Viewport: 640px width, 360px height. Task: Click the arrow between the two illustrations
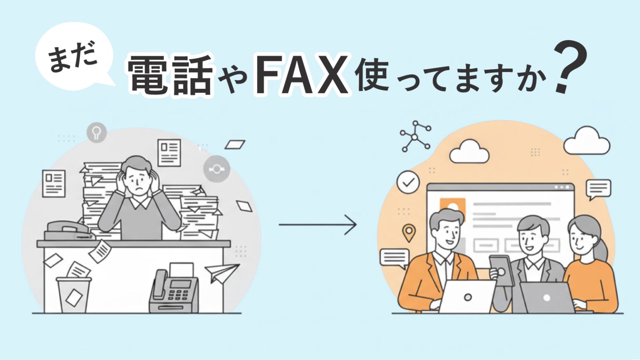[318, 225]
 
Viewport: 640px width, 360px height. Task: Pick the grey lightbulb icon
[97, 133]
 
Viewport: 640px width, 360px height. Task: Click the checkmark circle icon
[408, 182]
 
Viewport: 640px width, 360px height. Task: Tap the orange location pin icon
[409, 232]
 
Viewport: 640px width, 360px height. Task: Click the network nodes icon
[415, 136]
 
